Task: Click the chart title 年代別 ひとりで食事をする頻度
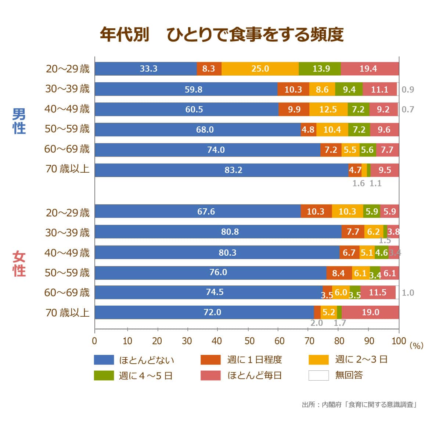click(x=222, y=35)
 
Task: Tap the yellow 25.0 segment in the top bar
click(x=260, y=69)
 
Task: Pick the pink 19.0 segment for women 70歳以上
click(x=370, y=312)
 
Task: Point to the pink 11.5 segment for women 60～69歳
click(x=378, y=292)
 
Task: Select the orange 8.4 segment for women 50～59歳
click(x=339, y=273)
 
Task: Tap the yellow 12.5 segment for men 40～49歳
click(x=328, y=109)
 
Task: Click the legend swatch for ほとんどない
click(x=104, y=360)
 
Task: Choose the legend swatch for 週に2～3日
click(x=319, y=360)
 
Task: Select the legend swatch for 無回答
click(x=319, y=375)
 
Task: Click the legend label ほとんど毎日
click(x=255, y=375)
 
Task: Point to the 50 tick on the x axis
click(x=249, y=341)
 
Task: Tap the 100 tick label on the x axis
click(x=399, y=341)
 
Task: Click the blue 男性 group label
click(x=19, y=121)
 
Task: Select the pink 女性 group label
click(x=19, y=264)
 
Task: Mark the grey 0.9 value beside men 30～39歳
click(x=408, y=90)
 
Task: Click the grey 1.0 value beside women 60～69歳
click(x=408, y=293)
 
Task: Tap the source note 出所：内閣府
click(x=359, y=405)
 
